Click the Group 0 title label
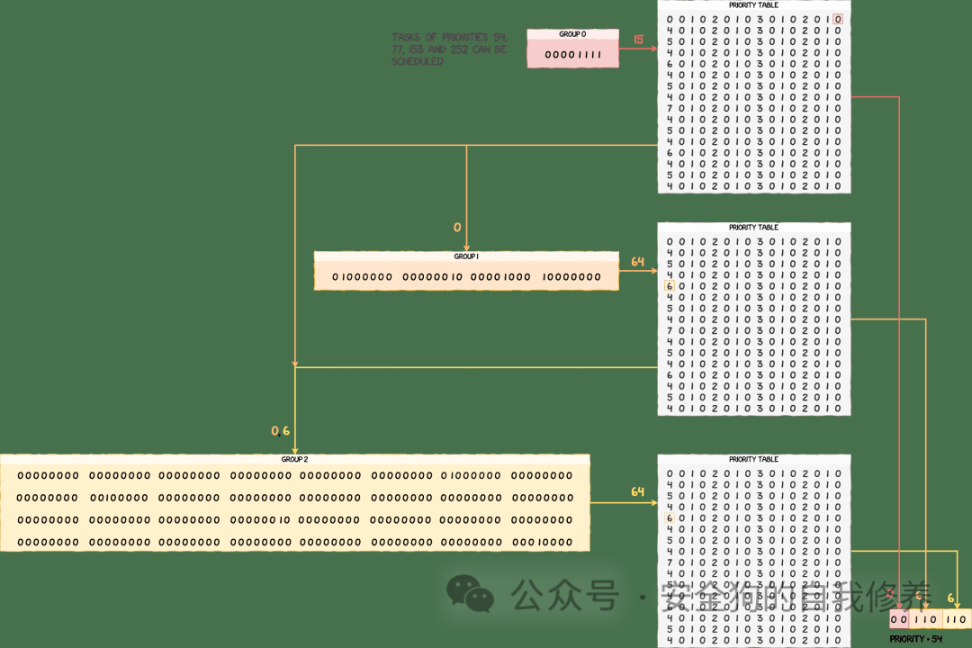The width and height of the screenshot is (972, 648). [572, 34]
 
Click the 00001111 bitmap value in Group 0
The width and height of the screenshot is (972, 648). [572, 55]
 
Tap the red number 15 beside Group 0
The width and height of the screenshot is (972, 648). [639, 40]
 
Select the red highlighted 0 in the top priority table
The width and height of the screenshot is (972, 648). [838, 20]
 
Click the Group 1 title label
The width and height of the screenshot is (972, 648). [466, 256]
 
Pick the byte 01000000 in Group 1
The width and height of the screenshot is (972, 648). [363, 277]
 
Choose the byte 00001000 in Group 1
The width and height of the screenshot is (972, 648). [500, 277]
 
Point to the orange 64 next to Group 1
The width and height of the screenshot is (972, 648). [638, 262]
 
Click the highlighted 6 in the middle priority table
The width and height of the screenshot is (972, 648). [669, 286]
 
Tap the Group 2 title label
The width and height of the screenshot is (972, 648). [294, 459]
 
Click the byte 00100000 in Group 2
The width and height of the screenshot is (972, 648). [119, 498]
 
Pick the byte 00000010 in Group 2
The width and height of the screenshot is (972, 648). [260, 520]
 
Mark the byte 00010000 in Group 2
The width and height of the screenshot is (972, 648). [542, 543]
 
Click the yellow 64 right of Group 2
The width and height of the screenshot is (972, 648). [638, 492]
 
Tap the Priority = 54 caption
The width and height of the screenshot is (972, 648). [915, 639]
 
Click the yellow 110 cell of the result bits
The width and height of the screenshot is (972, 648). [957, 620]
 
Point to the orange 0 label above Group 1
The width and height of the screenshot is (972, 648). [457, 228]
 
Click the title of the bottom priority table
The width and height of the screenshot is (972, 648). [753, 459]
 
